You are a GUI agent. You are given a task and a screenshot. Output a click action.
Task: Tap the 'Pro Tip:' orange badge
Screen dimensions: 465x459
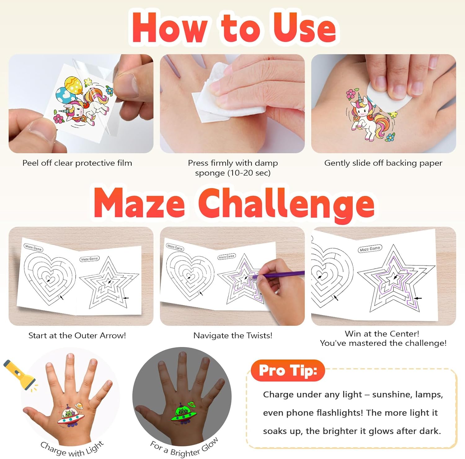point(288,370)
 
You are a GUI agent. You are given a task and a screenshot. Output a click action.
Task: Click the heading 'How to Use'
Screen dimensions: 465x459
point(234,27)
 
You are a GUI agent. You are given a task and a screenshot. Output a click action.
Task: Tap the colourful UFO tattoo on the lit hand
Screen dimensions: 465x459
point(72,416)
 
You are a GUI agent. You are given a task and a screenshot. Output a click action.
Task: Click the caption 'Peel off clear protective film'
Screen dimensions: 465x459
point(77,163)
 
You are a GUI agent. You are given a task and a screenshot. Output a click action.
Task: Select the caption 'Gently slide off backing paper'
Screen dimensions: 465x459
point(383,163)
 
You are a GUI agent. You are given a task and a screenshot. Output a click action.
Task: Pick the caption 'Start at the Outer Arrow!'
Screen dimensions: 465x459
point(77,336)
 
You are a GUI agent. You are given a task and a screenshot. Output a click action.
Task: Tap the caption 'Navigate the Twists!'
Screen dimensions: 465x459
point(233,336)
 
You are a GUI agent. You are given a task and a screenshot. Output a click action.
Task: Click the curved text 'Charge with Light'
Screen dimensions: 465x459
point(72,449)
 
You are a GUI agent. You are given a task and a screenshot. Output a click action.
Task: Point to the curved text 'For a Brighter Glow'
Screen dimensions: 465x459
point(184,448)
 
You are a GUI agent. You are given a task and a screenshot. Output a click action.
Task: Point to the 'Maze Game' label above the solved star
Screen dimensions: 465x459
point(370,249)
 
